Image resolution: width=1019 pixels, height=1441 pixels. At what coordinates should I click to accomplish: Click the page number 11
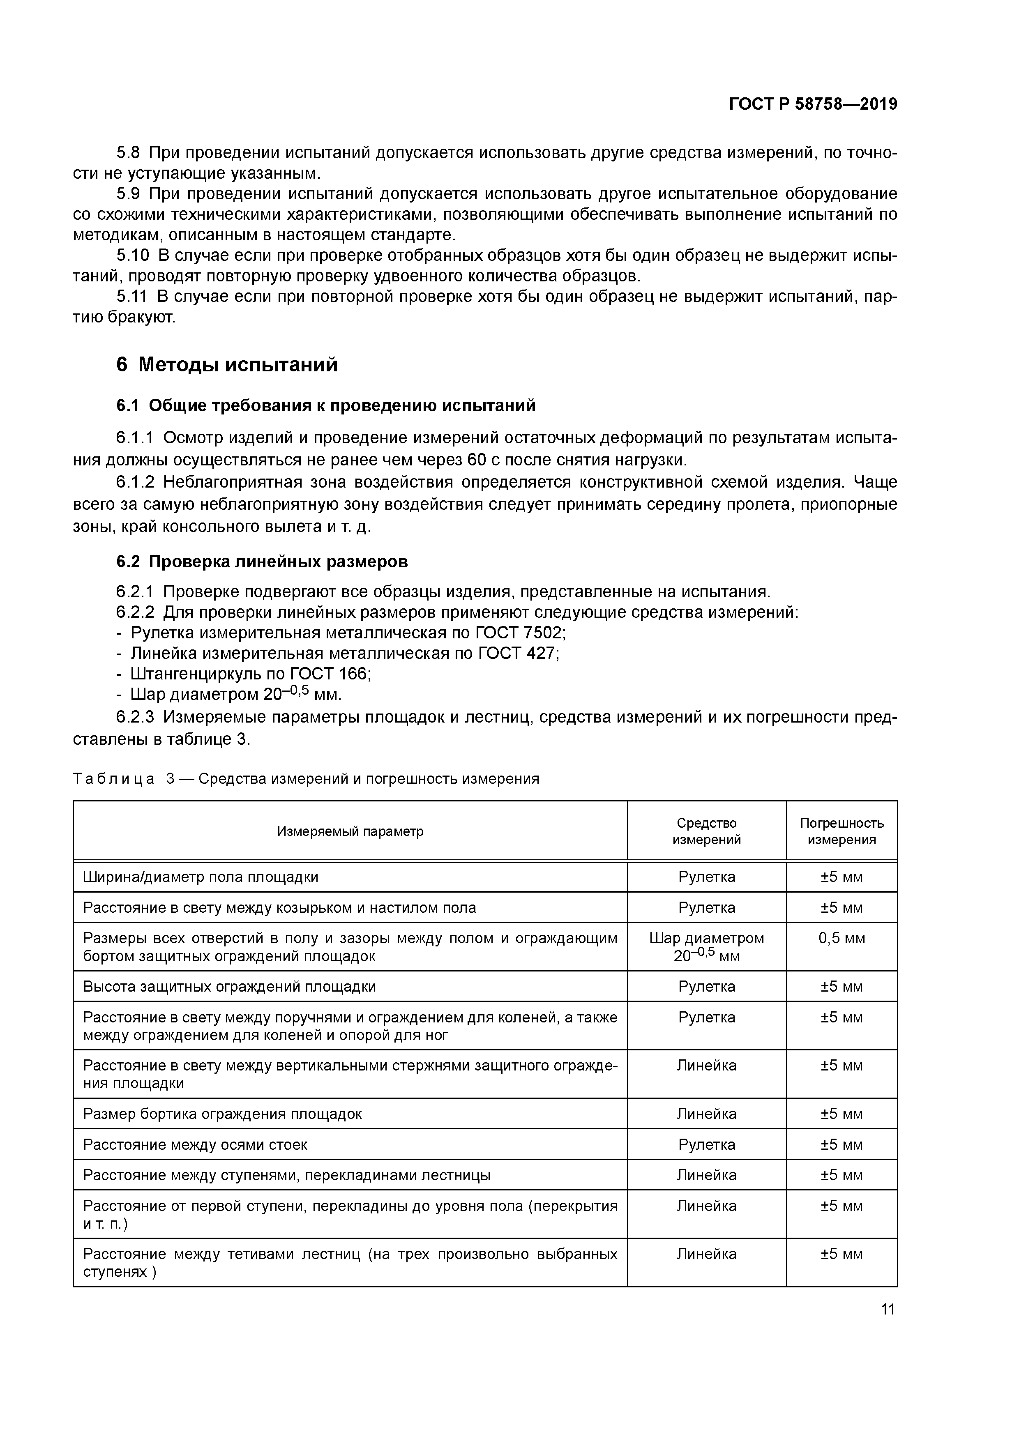(887, 1309)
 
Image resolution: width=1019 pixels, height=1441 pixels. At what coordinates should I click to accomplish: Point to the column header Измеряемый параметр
(350, 831)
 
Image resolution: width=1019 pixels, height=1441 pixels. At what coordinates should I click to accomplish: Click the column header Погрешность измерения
(841, 831)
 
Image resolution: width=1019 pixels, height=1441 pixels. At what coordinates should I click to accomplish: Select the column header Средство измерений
(706, 831)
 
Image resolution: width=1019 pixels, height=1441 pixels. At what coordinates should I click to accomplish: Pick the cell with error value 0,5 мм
(841, 938)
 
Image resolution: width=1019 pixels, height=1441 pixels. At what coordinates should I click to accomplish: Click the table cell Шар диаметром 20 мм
(706, 946)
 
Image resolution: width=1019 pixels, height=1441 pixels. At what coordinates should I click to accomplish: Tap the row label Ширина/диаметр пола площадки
(201, 877)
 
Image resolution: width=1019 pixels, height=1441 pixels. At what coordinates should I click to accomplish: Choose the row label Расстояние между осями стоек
(195, 1145)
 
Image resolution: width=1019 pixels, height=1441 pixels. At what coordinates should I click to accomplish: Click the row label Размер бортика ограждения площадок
(222, 1114)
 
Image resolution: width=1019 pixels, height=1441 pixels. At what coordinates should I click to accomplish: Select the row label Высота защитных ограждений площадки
(229, 987)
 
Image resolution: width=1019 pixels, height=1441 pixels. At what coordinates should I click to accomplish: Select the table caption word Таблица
(114, 779)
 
